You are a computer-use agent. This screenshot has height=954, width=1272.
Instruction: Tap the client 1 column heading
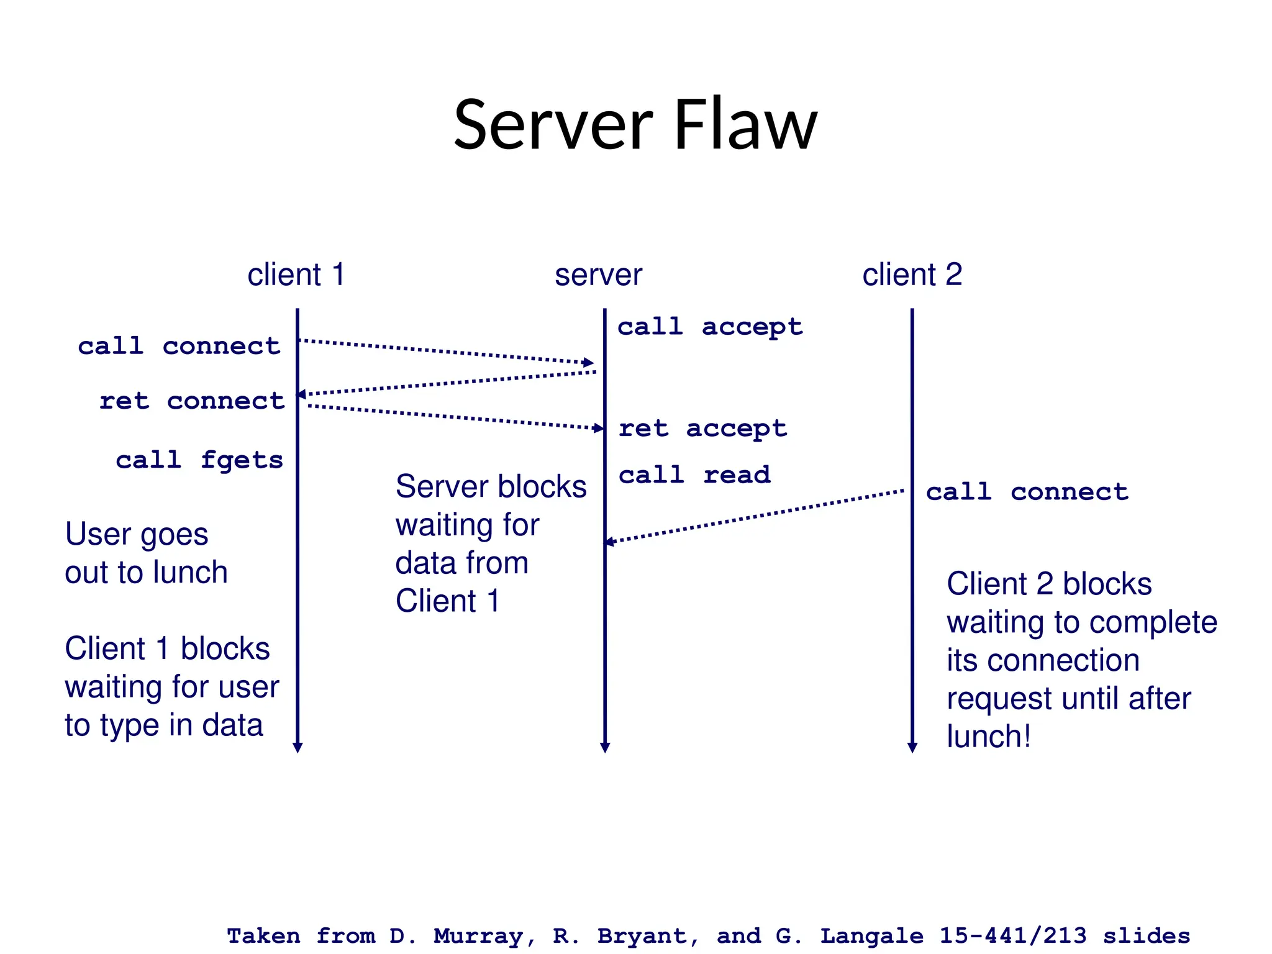tap(296, 275)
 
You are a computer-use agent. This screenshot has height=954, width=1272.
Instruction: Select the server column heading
tap(598, 275)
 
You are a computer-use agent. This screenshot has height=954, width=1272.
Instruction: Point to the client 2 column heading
tap(912, 275)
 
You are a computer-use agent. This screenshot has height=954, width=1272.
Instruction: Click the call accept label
tap(709, 327)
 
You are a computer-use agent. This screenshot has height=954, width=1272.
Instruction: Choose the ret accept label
tap(702, 428)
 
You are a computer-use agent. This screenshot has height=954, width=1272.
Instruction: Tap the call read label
tap(694, 475)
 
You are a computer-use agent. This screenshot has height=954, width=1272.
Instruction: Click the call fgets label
tap(199, 460)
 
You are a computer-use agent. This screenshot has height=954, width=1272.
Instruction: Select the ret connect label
tap(192, 401)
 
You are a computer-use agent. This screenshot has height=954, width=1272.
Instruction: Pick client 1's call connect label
tap(179, 346)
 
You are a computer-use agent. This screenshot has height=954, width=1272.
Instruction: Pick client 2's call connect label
tap(1027, 492)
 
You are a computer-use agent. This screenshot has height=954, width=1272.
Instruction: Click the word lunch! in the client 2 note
tap(988, 737)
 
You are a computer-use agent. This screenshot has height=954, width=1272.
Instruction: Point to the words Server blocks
tap(491, 486)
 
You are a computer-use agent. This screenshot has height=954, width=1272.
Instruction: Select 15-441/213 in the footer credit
tap(1012, 935)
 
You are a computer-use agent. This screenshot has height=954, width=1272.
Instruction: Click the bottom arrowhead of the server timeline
tap(605, 747)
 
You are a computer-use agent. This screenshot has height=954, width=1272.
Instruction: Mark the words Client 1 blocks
tap(167, 648)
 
